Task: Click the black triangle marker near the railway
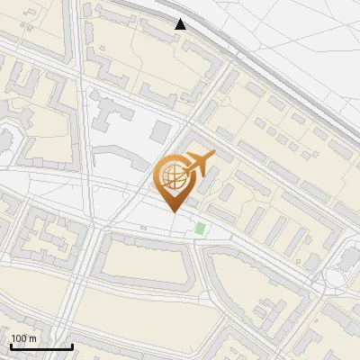181,24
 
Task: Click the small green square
200,229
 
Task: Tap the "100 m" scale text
23,338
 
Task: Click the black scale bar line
40,346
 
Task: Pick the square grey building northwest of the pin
160,132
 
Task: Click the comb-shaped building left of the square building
112,118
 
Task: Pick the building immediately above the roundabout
346,256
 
